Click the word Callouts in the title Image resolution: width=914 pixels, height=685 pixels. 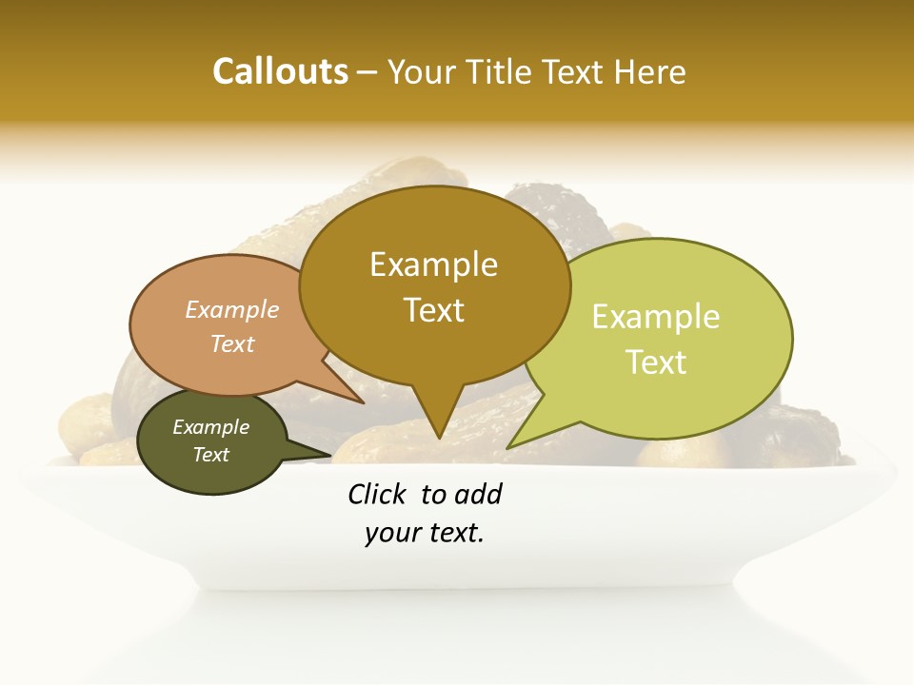280,71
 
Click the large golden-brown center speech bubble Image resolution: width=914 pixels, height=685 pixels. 434,342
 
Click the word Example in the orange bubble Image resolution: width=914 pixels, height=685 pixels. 232,310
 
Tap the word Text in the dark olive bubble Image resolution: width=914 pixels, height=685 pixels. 210,455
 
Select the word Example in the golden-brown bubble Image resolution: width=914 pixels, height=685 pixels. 433,264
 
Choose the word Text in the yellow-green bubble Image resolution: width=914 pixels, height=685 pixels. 656,362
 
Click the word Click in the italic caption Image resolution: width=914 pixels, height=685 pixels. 376,494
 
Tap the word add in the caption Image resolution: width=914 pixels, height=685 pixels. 479,494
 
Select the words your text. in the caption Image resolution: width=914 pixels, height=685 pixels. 425,534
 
